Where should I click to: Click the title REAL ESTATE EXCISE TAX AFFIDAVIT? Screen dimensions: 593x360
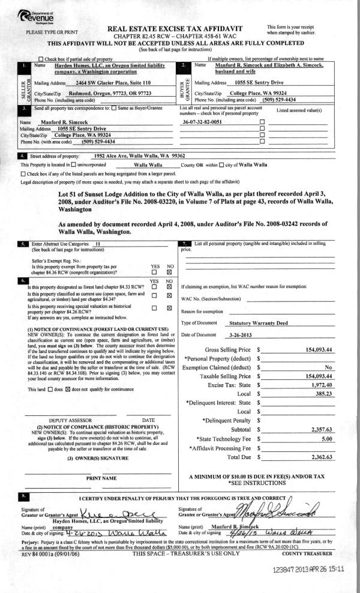click(x=182, y=28)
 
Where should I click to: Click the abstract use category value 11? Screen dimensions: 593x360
click(x=97, y=244)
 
